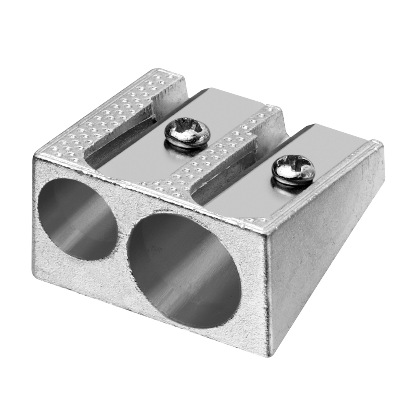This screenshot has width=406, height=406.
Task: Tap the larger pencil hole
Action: [x=183, y=270]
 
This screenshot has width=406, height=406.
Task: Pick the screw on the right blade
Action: [x=293, y=170]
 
